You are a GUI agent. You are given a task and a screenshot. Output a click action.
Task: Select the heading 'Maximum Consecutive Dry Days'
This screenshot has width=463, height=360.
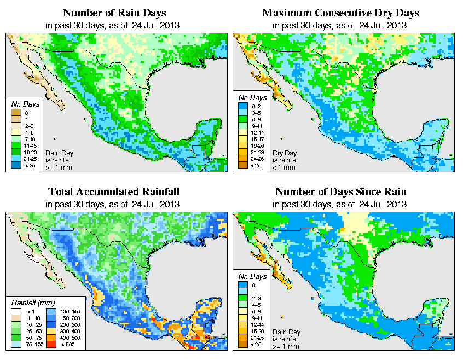pyautogui.click(x=341, y=13)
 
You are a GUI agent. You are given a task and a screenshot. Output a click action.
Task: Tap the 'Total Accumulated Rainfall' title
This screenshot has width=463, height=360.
pyautogui.click(x=113, y=192)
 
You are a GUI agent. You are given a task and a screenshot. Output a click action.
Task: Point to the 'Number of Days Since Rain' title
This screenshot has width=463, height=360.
pyautogui.click(x=341, y=192)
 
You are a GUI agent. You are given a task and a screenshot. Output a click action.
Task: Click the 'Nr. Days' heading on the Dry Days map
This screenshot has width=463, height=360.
pyautogui.click(x=254, y=97)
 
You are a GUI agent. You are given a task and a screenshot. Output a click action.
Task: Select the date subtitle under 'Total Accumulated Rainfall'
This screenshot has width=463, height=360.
pyautogui.click(x=113, y=204)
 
